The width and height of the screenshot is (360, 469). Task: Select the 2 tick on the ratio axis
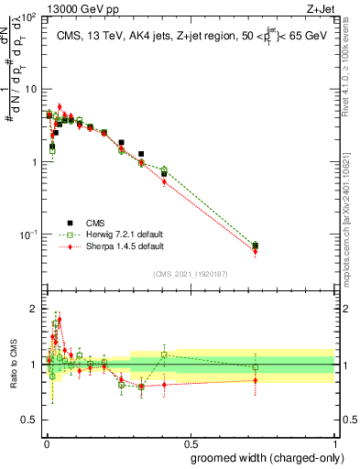(x=34, y=309)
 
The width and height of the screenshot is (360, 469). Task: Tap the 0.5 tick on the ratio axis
(x=30, y=420)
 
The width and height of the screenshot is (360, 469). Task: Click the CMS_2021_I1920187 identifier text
(x=190, y=274)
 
